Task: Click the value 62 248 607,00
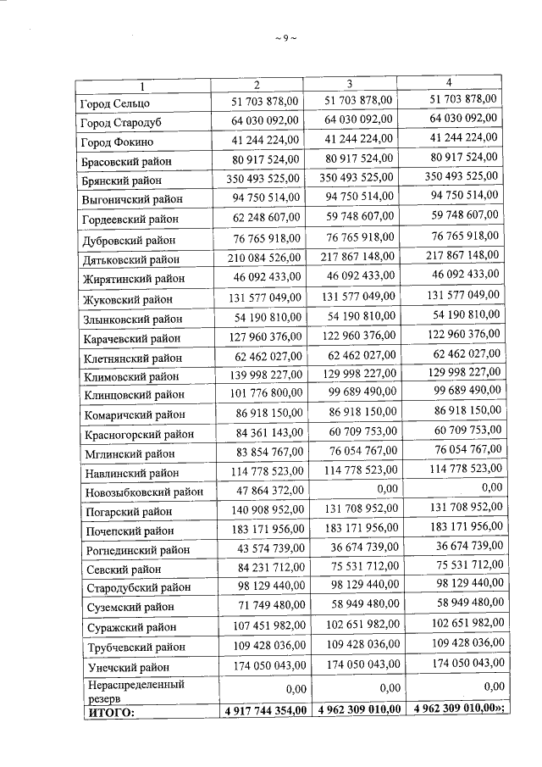(265, 220)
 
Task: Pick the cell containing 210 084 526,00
(263, 258)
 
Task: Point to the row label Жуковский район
(127, 300)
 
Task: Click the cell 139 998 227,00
(263, 375)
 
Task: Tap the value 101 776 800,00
(263, 395)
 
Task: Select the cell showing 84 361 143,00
(265, 434)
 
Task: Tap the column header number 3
(350, 83)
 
